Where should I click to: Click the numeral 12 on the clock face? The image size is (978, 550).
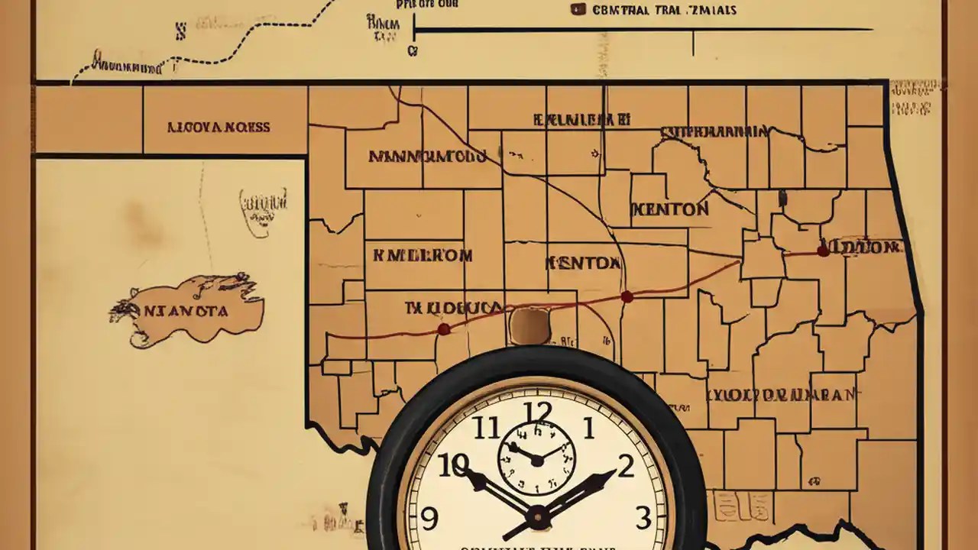coord(539,413)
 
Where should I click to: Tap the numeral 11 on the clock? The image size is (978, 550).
coord(486,429)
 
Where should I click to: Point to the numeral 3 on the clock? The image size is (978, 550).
coord(643,518)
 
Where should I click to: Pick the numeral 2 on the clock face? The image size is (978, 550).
coord(626,466)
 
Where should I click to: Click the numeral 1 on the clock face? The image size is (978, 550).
coord(588,429)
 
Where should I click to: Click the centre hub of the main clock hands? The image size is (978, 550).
coord(538,517)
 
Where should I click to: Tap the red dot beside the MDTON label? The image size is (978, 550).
coord(823,251)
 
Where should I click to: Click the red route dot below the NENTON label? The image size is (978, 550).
coord(627,296)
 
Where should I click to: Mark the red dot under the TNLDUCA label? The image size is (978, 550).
coord(443,329)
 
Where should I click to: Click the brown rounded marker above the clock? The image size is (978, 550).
coord(529,325)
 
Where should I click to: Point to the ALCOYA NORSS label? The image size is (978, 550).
coord(219,127)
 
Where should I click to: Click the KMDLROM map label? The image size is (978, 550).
coord(423,255)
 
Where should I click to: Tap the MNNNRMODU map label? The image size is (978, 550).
coord(427,157)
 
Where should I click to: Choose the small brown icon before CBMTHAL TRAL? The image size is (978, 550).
coord(578,10)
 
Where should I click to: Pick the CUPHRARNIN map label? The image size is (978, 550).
coord(714,131)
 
